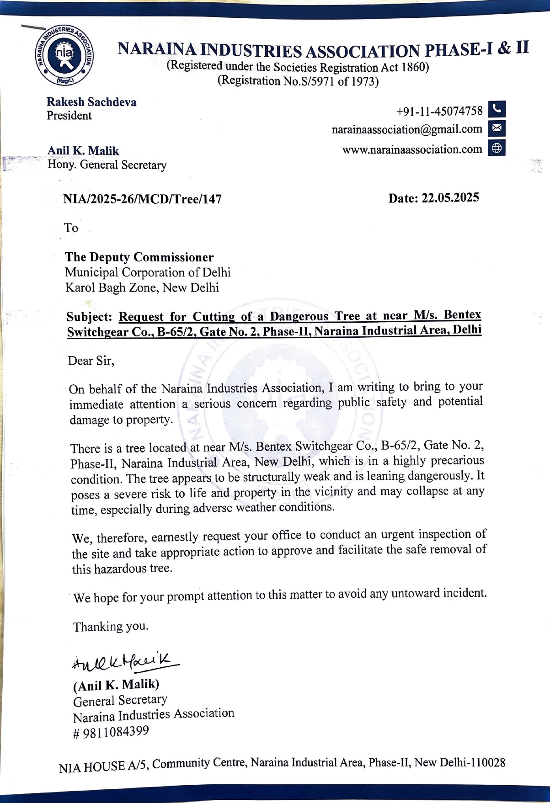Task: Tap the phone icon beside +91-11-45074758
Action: tap(497, 110)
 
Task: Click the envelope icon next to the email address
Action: tap(497, 129)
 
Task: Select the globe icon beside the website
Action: tap(497, 149)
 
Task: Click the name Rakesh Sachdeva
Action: tap(91, 102)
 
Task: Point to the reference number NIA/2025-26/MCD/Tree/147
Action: tap(142, 199)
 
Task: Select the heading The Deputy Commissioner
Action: tap(139, 257)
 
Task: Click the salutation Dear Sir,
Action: tap(91, 361)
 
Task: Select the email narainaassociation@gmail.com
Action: tap(407, 129)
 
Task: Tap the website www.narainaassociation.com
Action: tap(412, 149)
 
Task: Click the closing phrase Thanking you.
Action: tap(111, 626)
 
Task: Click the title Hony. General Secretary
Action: tap(107, 165)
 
